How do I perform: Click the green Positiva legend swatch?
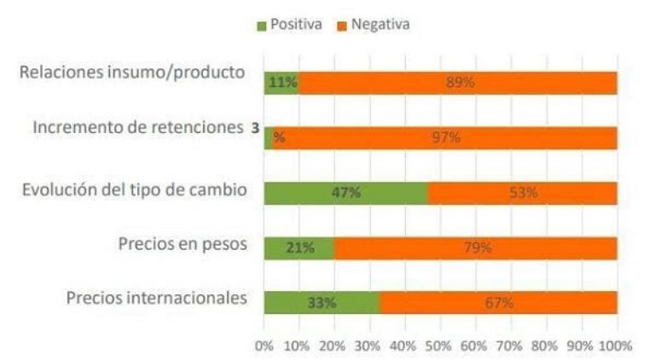(x=262, y=26)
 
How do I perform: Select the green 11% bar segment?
(x=281, y=83)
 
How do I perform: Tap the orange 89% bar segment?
(x=458, y=83)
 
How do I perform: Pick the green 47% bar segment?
(x=345, y=193)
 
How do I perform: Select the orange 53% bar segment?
(x=522, y=193)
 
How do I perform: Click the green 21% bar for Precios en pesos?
(x=299, y=247)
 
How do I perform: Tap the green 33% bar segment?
(x=322, y=302)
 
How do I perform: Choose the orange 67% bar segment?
(x=498, y=302)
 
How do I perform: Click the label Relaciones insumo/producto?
(x=133, y=73)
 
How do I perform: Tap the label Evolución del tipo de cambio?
(x=136, y=189)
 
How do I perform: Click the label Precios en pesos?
(x=183, y=244)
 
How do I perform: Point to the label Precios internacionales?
(x=157, y=298)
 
